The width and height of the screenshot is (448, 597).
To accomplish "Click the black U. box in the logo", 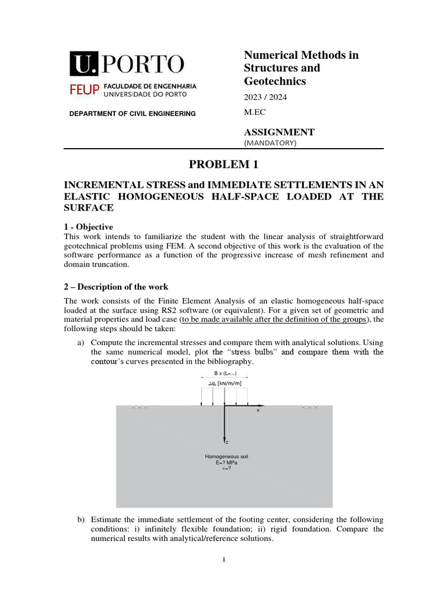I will pyautogui.click(x=84, y=64).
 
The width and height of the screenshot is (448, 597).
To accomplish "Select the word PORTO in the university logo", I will pyautogui.click(x=142, y=64).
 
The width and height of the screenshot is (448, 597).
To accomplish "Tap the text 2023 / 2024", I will pyautogui.click(x=265, y=97).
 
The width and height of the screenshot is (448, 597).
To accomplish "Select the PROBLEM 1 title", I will pyautogui.click(x=223, y=165).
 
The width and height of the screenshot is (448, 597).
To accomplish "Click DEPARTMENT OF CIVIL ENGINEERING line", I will pyautogui.click(x=132, y=114).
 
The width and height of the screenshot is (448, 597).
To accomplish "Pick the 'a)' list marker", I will pyautogui.click(x=81, y=342).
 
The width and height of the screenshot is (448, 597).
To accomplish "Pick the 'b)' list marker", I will pyautogui.click(x=81, y=519).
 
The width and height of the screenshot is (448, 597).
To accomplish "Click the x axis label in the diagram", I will pyautogui.click(x=257, y=410).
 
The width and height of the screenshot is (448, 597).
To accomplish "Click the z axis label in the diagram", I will pyautogui.click(x=227, y=443).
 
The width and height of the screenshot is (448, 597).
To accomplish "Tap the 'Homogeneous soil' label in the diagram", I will pyautogui.click(x=226, y=456).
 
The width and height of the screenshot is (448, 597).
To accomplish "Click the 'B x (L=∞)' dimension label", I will pyautogui.click(x=225, y=373).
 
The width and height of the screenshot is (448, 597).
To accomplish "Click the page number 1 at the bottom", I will pyautogui.click(x=223, y=560).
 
